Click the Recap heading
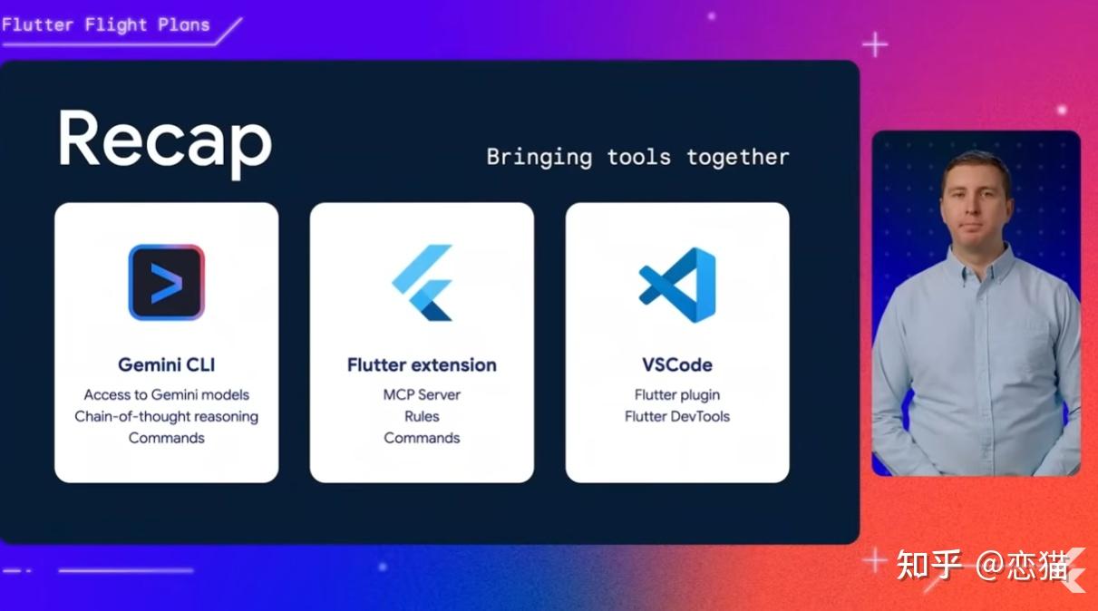coord(165,142)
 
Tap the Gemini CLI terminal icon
coord(167,283)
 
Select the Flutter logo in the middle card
coord(422,283)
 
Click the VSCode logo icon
coord(677,285)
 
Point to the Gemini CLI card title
coord(167,365)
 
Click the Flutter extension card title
coord(422,365)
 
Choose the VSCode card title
coord(677,365)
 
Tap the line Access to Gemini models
coord(167,394)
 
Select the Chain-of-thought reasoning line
coord(167,416)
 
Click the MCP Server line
coord(422,394)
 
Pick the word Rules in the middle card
coord(422,416)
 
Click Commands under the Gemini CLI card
coord(167,438)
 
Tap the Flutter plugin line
coord(677,395)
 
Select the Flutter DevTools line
coord(677,416)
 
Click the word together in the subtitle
coord(738,158)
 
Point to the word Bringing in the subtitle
coord(539,158)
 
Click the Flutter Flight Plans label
coord(106,24)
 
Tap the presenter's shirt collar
coord(976,265)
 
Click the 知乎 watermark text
coord(928,565)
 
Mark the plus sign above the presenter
coord(875,45)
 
